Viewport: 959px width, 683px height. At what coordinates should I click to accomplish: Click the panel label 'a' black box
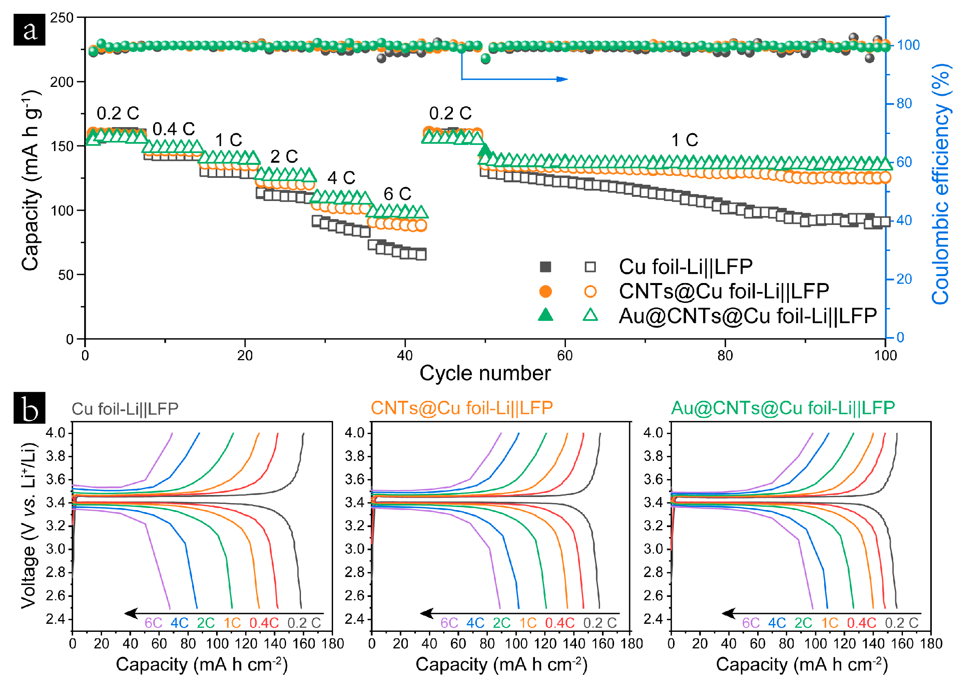[x=29, y=29]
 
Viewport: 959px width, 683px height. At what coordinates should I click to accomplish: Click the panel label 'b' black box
[x=29, y=408]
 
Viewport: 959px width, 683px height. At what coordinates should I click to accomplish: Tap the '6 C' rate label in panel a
[x=397, y=194]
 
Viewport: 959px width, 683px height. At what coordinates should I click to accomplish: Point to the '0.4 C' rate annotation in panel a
[x=173, y=129]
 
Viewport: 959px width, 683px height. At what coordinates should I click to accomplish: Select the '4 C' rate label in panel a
[x=341, y=178]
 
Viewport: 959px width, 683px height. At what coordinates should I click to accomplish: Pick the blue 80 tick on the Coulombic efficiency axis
[x=904, y=104]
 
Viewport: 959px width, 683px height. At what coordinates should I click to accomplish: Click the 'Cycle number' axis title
[x=485, y=373]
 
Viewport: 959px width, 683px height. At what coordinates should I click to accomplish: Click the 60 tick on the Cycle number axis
[x=565, y=356]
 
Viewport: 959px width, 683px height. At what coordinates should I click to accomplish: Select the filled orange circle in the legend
[x=546, y=291]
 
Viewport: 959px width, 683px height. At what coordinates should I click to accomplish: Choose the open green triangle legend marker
[x=590, y=315]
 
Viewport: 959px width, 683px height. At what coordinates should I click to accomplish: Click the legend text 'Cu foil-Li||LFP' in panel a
[x=685, y=267]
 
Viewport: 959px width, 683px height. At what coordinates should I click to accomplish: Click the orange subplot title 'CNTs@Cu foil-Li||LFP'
[x=461, y=408]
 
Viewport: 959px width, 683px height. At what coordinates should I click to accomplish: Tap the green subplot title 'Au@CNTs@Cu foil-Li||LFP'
[x=783, y=408]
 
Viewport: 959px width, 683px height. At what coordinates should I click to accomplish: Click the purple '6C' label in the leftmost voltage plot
[x=153, y=623]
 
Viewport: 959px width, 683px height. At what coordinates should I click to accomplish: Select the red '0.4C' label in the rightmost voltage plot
[x=861, y=623]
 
